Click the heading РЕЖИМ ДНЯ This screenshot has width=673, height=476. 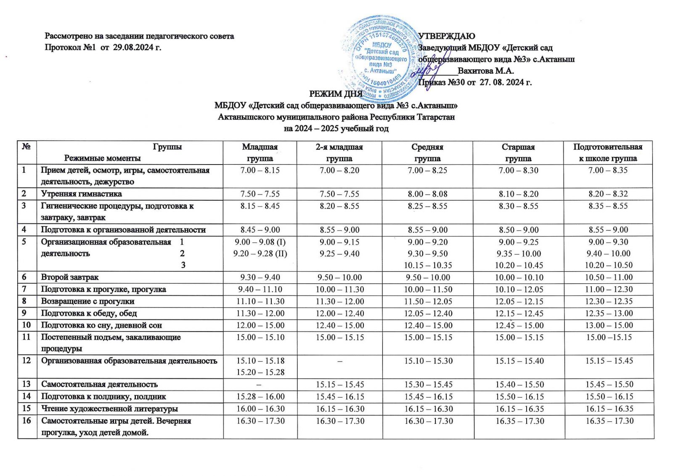336,93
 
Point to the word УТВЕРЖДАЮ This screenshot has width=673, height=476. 447,36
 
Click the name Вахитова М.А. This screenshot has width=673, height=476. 486,71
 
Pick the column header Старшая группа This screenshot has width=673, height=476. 518,152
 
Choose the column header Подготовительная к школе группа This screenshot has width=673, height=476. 608,152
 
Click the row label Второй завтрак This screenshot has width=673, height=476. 70,277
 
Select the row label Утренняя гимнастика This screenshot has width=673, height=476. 81,194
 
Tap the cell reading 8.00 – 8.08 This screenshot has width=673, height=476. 427,194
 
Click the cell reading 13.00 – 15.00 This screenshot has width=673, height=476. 608,325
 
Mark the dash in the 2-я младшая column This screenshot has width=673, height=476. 339,361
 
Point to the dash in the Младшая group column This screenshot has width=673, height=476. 260,384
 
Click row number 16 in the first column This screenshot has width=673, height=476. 26,420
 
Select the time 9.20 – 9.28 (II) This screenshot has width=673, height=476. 260,254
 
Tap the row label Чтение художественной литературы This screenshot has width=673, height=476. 109,409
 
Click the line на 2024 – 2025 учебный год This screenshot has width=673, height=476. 336,128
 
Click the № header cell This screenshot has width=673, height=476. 26,147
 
